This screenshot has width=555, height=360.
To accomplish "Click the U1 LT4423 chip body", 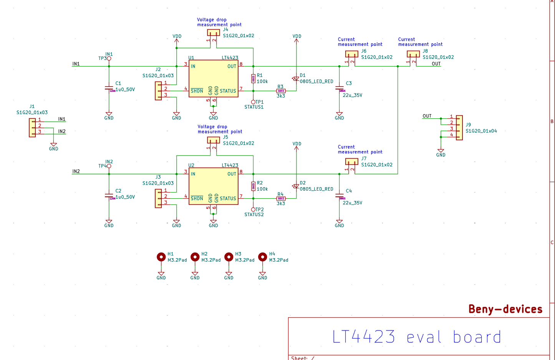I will pyautogui.click(x=214, y=78).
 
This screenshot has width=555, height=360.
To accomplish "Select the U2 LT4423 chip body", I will pyautogui.click(x=214, y=186).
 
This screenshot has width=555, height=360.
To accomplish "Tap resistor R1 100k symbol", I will pyautogui.click(x=253, y=78).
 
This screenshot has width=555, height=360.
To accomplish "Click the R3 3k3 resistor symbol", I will pyautogui.click(x=281, y=91).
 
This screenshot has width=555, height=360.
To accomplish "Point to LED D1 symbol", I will pyautogui.click(x=296, y=78).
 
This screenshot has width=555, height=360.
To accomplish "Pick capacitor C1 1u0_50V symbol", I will pyautogui.click(x=109, y=88).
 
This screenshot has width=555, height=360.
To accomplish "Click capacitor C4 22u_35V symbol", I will pyautogui.click(x=339, y=196).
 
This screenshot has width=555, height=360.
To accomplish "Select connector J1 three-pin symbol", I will pyautogui.click(x=32, y=128).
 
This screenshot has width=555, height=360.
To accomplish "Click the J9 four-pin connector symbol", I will pyautogui.click(x=459, y=128).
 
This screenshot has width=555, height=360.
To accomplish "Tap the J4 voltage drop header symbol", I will pyautogui.click(x=213, y=33).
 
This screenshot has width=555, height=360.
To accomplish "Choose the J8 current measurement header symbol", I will pyautogui.click(x=413, y=54).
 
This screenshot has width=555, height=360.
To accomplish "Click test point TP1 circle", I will pyautogui.click(x=253, y=102).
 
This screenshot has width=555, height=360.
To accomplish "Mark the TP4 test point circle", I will pyautogui.click(x=109, y=166).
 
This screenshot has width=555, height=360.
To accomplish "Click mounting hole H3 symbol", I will pyautogui.click(x=229, y=257).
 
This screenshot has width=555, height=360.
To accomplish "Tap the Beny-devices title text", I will pyautogui.click(x=505, y=309).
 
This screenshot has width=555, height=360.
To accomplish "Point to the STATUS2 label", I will pyautogui.click(x=254, y=215).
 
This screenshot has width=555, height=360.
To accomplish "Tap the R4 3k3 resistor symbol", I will pyautogui.click(x=281, y=199).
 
